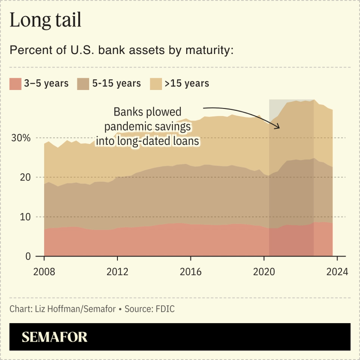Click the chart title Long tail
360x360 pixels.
45,21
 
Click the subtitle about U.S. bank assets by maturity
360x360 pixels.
121,50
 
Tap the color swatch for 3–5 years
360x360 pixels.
15,83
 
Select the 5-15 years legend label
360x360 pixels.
117,83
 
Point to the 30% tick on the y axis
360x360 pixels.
21,138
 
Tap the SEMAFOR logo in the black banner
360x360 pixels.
55,337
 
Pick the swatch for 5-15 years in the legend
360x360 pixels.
84,83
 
